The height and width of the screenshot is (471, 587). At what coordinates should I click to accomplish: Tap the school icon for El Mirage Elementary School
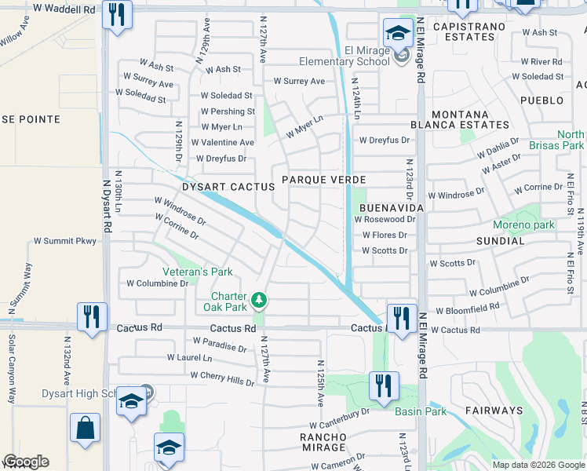[398, 35]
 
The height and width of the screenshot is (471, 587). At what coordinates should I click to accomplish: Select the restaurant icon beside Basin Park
[384, 387]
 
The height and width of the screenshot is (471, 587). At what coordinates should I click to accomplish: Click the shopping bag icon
[85, 429]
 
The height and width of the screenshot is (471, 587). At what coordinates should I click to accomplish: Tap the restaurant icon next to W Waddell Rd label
[117, 14]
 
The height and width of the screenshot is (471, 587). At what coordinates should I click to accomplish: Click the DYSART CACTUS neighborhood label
[228, 187]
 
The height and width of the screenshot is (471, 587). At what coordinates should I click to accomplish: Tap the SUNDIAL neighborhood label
[499, 241]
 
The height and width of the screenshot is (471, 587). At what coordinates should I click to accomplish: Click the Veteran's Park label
[198, 272]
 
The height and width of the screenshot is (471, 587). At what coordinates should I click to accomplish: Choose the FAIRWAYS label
[494, 411]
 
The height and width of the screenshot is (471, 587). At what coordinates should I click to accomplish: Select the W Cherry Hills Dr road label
[222, 378]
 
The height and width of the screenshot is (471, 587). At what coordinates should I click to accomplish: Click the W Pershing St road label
[227, 111]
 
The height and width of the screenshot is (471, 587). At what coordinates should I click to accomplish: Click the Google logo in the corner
[26, 462]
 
